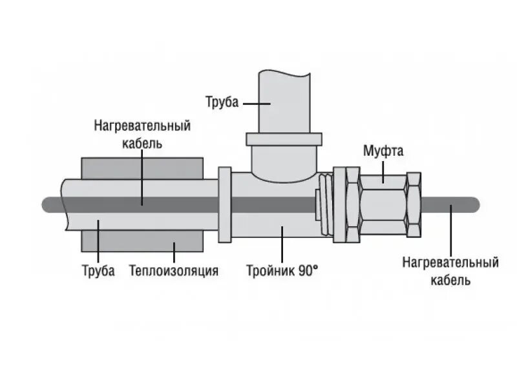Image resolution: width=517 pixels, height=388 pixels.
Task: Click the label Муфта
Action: (x=383, y=153)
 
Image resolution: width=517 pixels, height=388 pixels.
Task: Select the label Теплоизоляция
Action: (x=173, y=270)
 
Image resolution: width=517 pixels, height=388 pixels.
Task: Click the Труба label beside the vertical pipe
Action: (x=222, y=102)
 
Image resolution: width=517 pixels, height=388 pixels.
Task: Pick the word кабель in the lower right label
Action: (x=450, y=280)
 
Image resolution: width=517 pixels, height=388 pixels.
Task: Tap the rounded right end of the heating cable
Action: (x=474, y=205)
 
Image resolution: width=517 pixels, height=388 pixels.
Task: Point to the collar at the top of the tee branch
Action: (x=284, y=140)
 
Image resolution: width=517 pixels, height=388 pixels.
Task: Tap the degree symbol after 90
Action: (x=315, y=267)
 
